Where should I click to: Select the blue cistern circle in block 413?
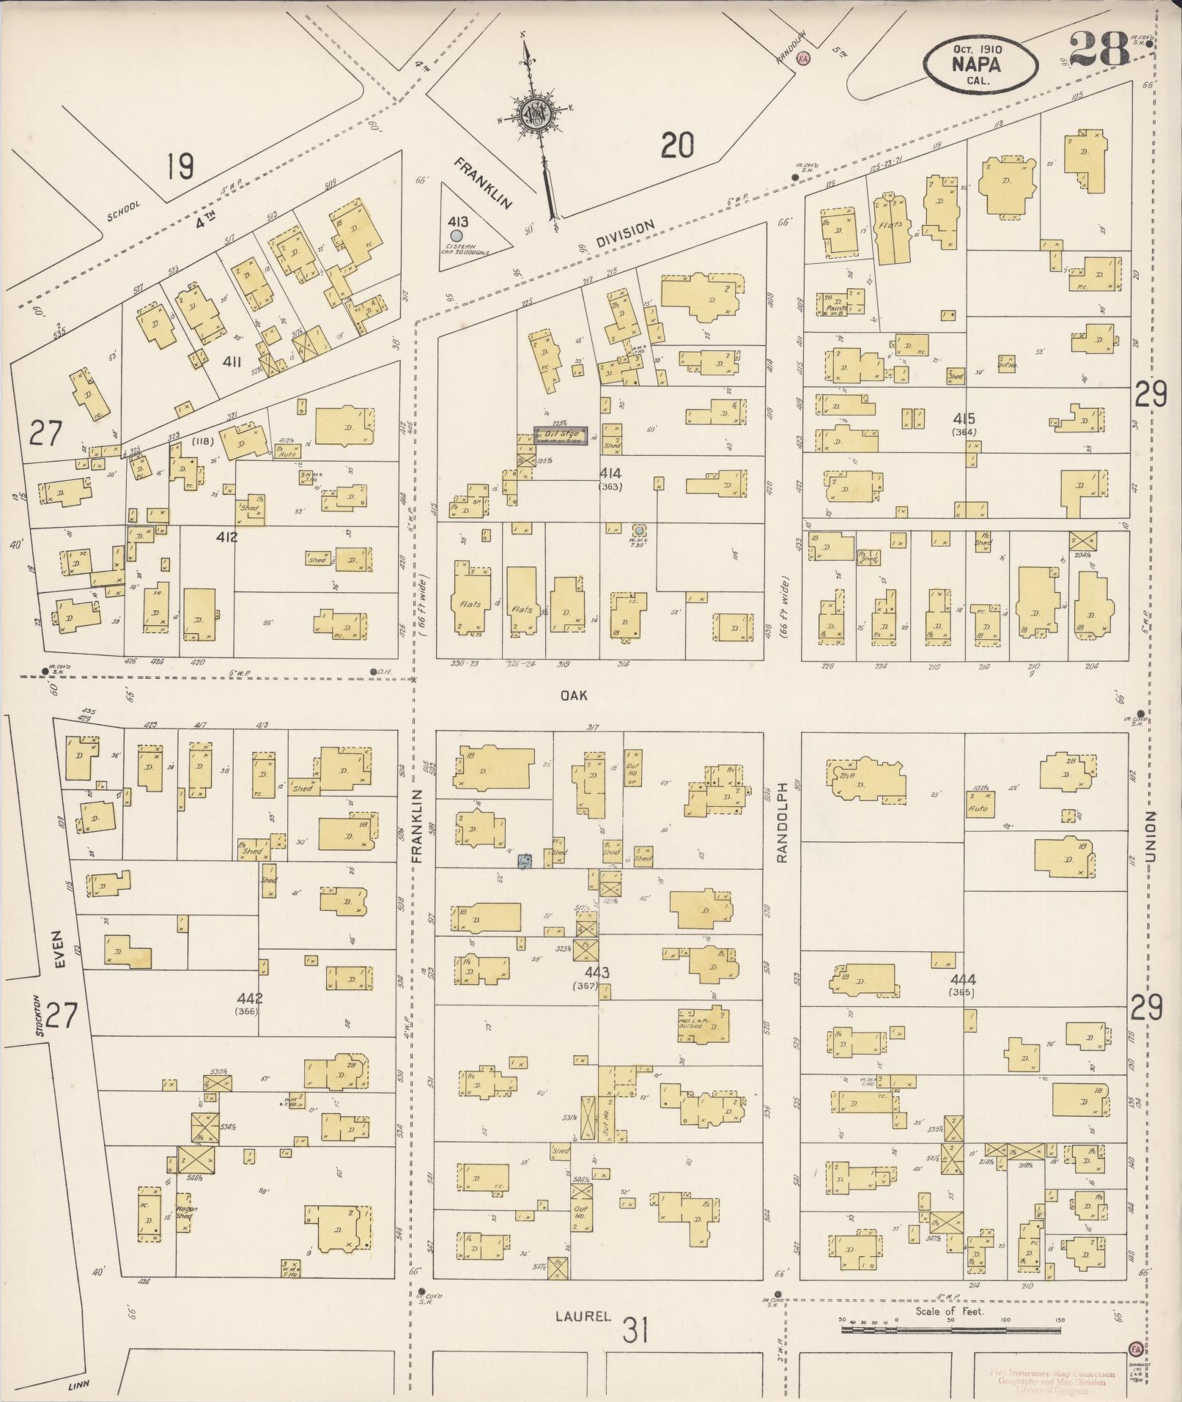click(x=457, y=235)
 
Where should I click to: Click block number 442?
click(x=250, y=998)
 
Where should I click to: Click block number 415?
click(x=964, y=418)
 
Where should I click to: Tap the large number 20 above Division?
click(x=676, y=144)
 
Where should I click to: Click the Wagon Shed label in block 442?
click(x=185, y=1212)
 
